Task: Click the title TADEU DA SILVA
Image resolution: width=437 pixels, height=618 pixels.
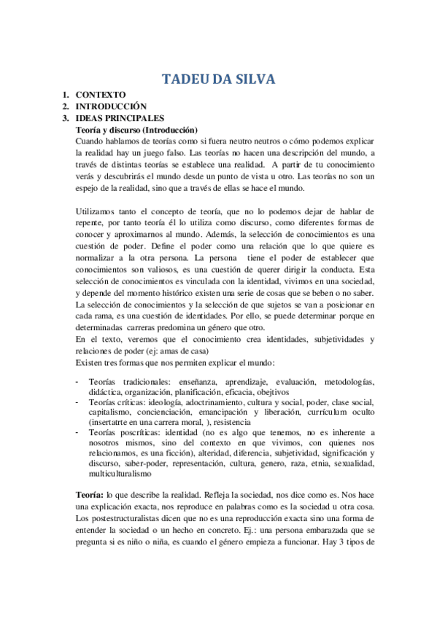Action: pyautogui.click(x=219, y=79)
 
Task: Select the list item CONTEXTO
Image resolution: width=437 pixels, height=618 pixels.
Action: pyautogui.click(x=101, y=95)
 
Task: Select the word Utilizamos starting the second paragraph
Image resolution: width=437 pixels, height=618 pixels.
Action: pyautogui.click(x=96, y=211)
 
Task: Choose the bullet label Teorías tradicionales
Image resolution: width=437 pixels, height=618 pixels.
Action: pyautogui.click(x=124, y=381)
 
